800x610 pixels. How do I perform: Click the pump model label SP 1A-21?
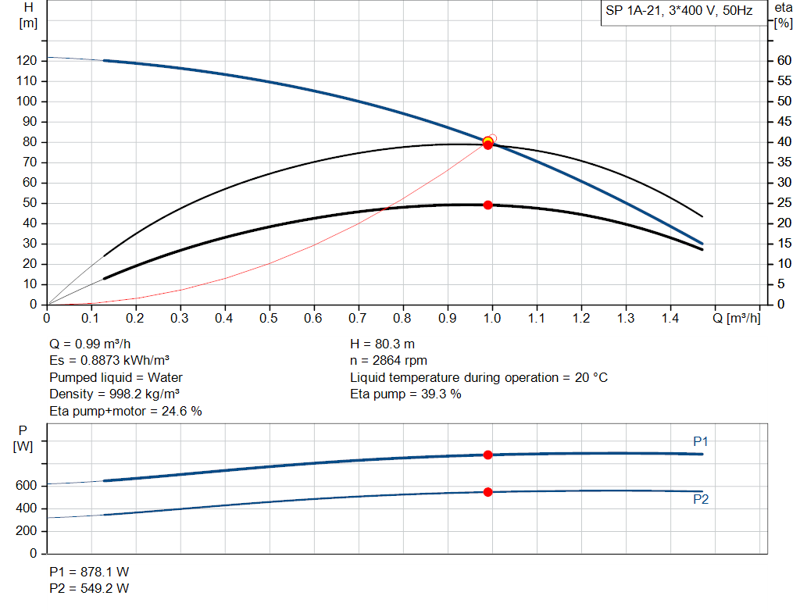pyautogui.click(x=679, y=12)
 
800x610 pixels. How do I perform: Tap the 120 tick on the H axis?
pyautogui.click(x=28, y=61)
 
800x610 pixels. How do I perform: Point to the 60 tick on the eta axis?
pyautogui.click(x=780, y=61)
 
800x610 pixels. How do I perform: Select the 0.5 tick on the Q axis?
pyautogui.click(x=270, y=318)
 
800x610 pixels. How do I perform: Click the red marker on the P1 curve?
pyautogui.click(x=488, y=455)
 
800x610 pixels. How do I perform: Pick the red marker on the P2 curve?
pyautogui.click(x=488, y=492)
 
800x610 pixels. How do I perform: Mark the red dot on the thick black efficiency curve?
pyautogui.click(x=488, y=205)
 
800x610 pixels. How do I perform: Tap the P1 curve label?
pyautogui.click(x=701, y=442)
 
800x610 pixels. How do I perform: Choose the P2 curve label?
pyautogui.click(x=701, y=500)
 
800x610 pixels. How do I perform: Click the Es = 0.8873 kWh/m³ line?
pyautogui.click(x=109, y=361)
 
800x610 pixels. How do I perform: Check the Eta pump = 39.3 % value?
pyautogui.click(x=405, y=394)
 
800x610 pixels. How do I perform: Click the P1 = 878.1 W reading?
pyautogui.click(x=89, y=572)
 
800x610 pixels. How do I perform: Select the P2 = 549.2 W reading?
pyautogui.click(x=89, y=588)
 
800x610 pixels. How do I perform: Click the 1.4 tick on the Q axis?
pyautogui.click(x=670, y=318)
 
